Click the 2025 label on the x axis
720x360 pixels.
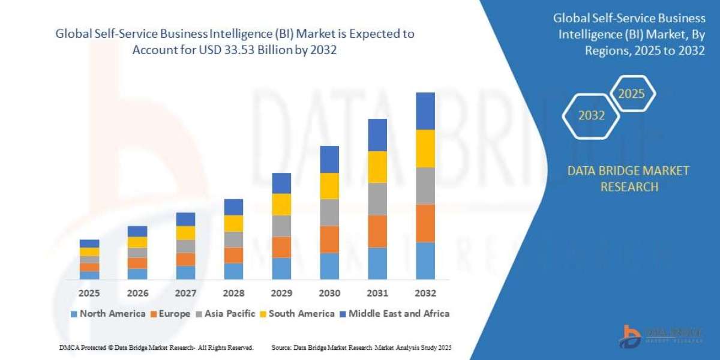point(89,293)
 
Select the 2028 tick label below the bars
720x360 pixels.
point(233,293)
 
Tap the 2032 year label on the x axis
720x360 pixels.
point(425,293)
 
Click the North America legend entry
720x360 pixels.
point(108,313)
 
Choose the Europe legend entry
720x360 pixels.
point(170,313)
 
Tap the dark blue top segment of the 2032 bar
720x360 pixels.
point(425,111)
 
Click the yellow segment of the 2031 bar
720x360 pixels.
point(377,167)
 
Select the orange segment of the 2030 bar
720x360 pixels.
point(329,239)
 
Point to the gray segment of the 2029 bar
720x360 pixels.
point(281,226)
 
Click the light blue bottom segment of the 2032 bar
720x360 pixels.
point(425,260)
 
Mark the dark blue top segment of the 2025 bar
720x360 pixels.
point(89,243)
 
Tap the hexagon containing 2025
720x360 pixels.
point(631,94)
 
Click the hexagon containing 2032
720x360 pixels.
point(592,116)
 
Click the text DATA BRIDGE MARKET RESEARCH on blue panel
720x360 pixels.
point(628,179)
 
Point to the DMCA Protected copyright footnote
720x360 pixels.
point(156,347)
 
